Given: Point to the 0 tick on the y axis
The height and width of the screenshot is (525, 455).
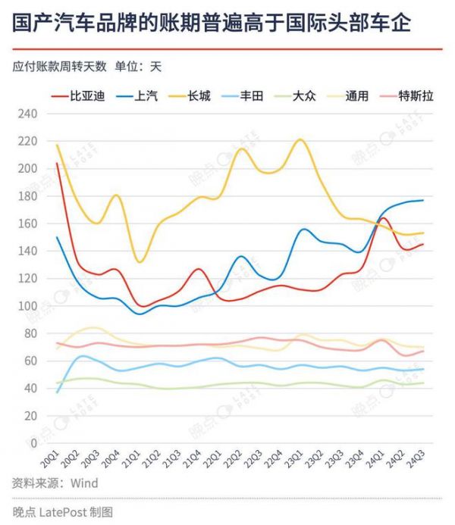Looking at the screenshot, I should click(33, 443).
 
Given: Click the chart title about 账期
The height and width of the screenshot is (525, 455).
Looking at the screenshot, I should click(212, 23).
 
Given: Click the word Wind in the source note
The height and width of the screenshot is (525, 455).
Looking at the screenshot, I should click(84, 483).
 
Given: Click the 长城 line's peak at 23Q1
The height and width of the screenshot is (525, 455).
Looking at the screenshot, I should click(300, 139).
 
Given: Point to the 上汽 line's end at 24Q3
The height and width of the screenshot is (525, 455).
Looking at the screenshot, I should click(422, 200).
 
